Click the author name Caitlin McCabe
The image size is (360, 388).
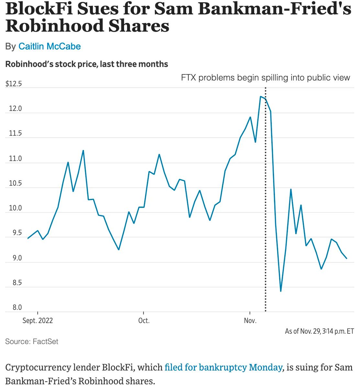pyautogui.click(x=49, y=46)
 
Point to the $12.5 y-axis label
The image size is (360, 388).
pyautogui.click(x=14, y=84)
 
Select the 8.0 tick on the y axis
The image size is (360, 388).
pyautogui.click(x=17, y=307)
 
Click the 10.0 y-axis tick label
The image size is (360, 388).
pyautogui.click(x=15, y=208)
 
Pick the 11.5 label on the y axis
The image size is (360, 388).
pyautogui.click(x=15, y=134)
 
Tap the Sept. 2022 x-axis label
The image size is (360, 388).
pyautogui.click(x=38, y=321)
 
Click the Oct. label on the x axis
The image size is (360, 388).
pyautogui.click(x=144, y=321)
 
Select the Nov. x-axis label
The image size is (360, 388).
pyautogui.click(x=250, y=321)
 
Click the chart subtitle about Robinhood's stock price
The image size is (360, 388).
pyautogui.click(x=87, y=64)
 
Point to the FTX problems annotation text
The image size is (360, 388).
pyautogui.click(x=265, y=78)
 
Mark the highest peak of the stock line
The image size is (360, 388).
pyautogui.click(x=261, y=96)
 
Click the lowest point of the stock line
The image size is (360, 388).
pyautogui.click(x=281, y=291)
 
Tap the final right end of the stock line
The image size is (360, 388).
pyautogui.click(x=347, y=258)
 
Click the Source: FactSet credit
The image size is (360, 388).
pyautogui.click(x=32, y=341)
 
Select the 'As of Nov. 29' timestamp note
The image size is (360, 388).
pyautogui.click(x=319, y=331)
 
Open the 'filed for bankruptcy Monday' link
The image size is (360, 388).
pyautogui.click(x=223, y=368)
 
